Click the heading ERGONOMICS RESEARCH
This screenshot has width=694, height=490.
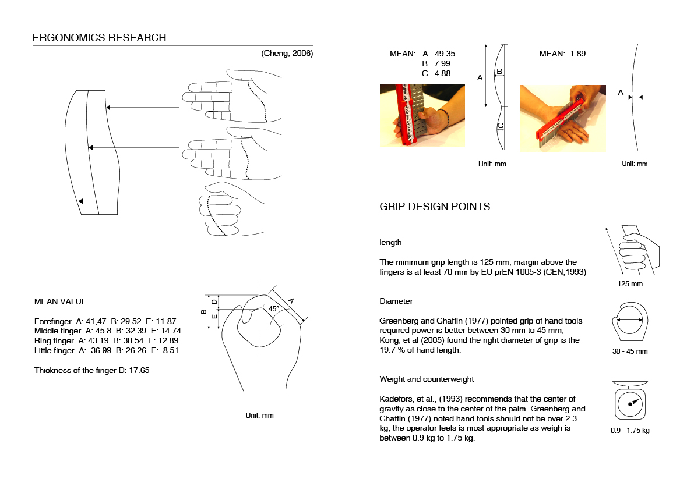[99, 38]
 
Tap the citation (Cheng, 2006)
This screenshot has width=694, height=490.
[287, 54]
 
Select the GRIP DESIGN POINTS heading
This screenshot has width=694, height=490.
[435, 207]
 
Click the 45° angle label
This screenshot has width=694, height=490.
[273, 308]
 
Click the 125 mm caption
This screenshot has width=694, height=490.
[630, 284]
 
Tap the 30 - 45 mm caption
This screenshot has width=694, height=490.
[630, 351]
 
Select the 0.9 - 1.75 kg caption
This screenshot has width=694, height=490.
[629, 431]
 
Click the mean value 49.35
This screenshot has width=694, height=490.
[445, 54]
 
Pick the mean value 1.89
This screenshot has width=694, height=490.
[577, 54]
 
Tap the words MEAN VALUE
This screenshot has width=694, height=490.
[60, 301]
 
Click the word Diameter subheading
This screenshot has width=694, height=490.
[396, 301]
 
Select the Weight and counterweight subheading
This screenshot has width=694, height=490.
[427, 379]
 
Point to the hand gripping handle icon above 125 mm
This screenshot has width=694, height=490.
[637, 250]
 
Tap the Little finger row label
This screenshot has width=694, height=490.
[55, 350]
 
